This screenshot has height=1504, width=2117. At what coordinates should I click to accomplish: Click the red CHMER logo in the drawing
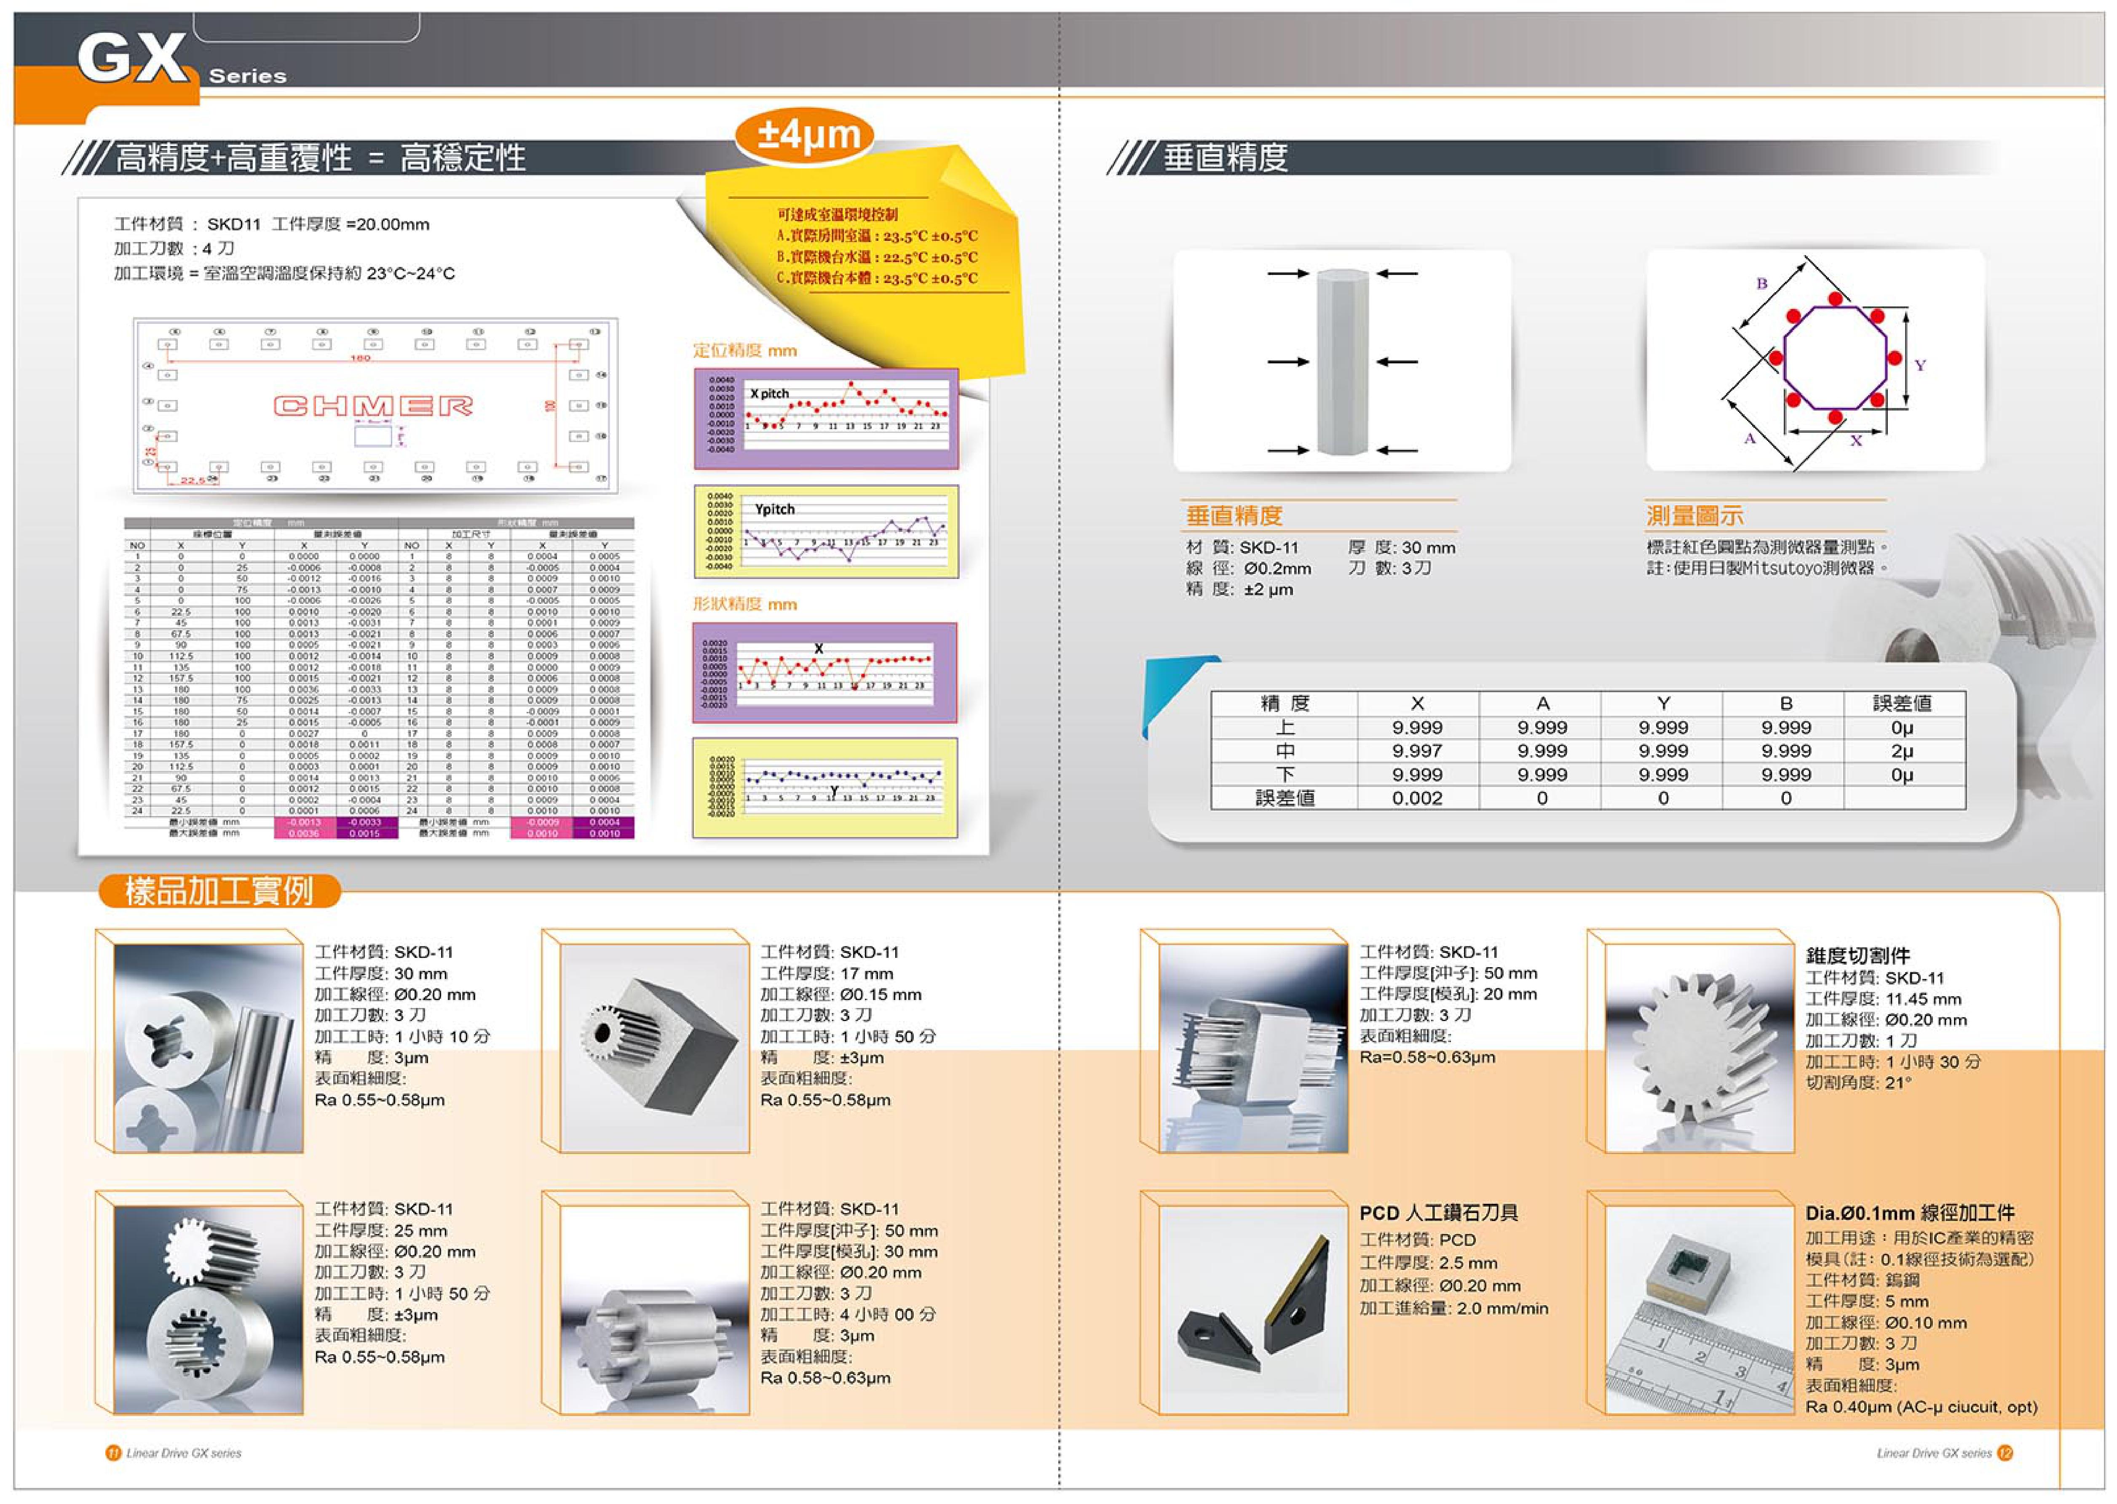pyautogui.click(x=373, y=405)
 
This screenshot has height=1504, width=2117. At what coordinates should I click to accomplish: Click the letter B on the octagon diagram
pyautogui.click(x=1761, y=283)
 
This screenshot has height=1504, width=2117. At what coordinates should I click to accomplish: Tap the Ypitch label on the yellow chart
pyautogui.click(x=774, y=509)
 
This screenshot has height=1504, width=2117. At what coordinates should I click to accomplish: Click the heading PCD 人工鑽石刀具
pyautogui.click(x=1438, y=1213)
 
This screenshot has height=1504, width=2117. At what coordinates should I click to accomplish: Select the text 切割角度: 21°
pyautogui.click(x=1857, y=1083)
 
